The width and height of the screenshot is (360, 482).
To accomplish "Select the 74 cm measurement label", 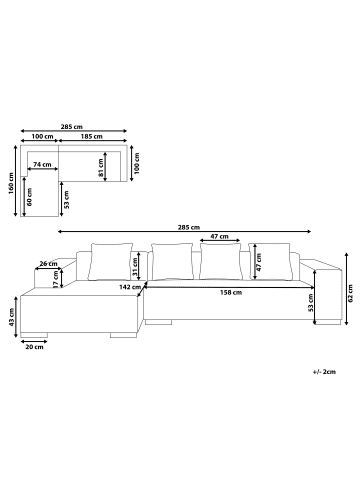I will (43, 164).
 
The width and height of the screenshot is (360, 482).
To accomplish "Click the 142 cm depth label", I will (127, 286).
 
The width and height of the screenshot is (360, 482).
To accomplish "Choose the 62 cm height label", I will (351, 291).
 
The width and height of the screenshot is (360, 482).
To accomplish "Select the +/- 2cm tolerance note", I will (324, 371).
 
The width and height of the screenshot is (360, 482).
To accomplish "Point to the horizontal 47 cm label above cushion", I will (218, 237).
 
